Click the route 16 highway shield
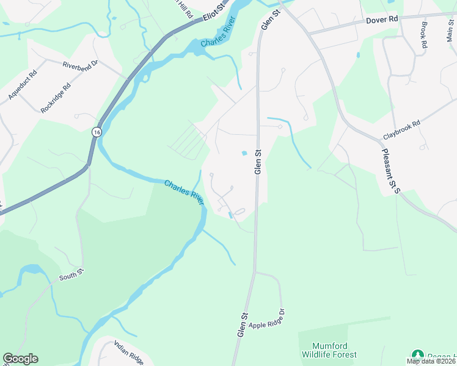click(x=97, y=132)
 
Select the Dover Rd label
click(x=382, y=20)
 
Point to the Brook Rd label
click(x=424, y=35)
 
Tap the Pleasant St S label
click(x=390, y=171)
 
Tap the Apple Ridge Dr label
click(x=266, y=320)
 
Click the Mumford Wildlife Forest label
click(x=329, y=350)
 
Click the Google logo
click(x=20, y=359)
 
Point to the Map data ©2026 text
click(x=431, y=361)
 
